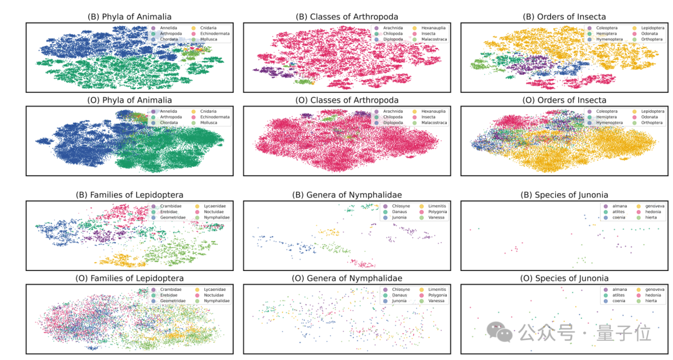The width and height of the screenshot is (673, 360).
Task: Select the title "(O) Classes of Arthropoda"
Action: coord(347,100)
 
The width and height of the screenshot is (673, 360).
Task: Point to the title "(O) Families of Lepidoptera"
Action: coord(130,278)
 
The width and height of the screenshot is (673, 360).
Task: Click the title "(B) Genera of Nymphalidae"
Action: coord(347,195)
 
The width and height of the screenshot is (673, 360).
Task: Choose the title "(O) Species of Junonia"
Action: coord(565,278)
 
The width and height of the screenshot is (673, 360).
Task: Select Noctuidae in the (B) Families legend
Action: coord(210,212)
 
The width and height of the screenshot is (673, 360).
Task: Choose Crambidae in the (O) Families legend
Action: coord(170,289)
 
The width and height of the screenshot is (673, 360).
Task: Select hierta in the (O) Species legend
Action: coord(645,301)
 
